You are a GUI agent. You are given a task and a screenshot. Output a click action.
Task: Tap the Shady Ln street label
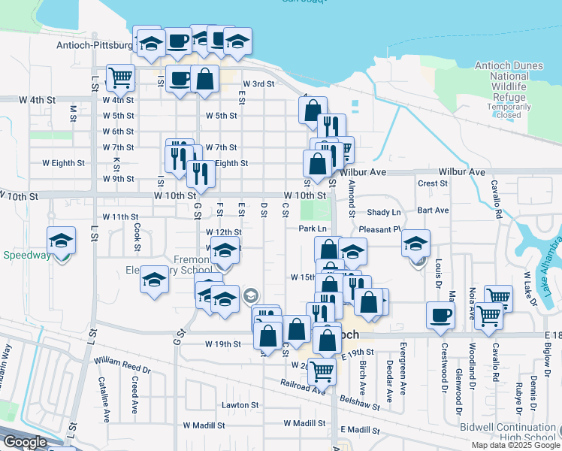click(385, 213)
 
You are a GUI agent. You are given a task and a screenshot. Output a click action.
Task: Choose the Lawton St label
click(240, 404)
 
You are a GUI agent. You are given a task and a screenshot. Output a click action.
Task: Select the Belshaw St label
click(364, 402)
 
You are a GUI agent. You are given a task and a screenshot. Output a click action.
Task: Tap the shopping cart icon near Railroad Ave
click(322, 369)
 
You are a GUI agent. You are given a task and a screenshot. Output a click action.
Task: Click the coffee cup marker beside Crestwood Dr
click(440, 315)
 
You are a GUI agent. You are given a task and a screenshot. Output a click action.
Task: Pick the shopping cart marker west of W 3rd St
click(120, 77)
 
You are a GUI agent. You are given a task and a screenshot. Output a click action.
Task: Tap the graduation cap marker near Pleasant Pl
click(415, 244)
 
